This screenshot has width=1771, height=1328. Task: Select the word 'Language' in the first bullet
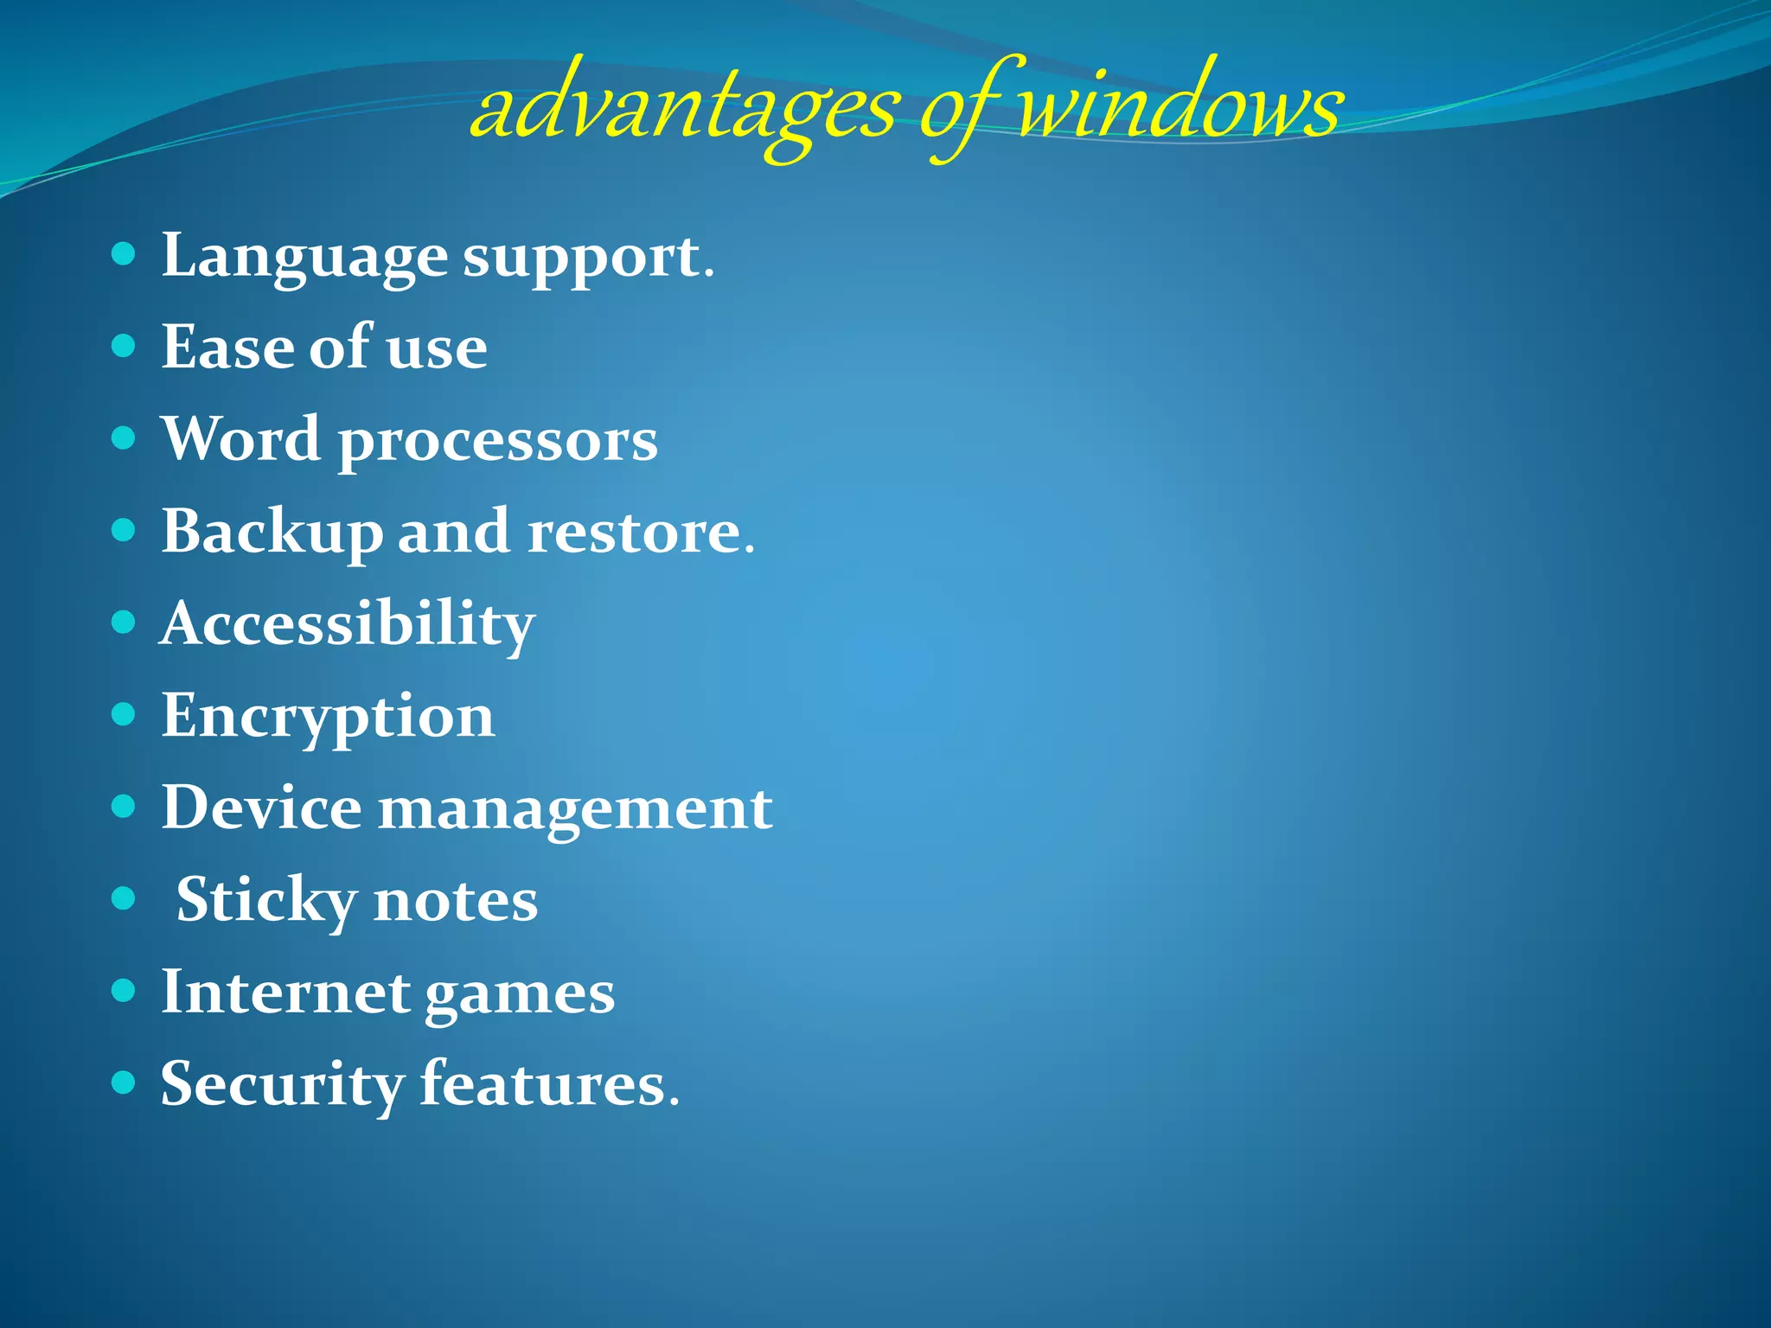click(304, 257)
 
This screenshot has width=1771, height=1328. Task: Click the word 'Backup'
click(272, 533)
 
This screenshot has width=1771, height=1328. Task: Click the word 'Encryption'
click(329, 718)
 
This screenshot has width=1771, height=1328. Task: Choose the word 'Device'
click(261, 808)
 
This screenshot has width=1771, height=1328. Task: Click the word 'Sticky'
click(265, 901)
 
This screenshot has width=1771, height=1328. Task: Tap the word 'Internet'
click(285, 993)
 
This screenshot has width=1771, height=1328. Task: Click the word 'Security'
click(282, 1085)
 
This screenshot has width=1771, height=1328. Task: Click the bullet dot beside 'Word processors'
click(125, 437)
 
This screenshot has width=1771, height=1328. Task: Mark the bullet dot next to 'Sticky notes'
click(125, 898)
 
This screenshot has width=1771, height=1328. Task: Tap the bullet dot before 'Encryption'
click(125, 714)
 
